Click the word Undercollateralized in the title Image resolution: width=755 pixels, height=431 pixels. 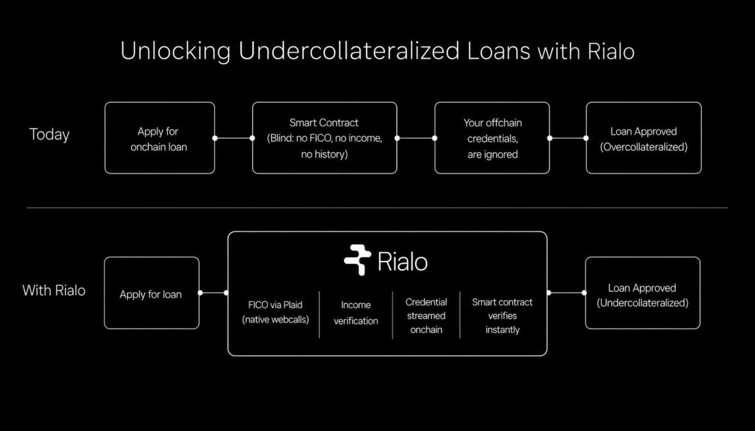(349, 51)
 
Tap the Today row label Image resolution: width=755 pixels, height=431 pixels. (50, 134)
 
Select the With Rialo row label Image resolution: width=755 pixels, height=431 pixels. (54, 290)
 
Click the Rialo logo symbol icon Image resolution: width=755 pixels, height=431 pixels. (357, 259)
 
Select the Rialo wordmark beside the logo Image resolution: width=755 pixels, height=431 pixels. (403, 261)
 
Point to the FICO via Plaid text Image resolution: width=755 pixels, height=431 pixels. (276, 312)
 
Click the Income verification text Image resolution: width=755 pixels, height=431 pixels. (356, 312)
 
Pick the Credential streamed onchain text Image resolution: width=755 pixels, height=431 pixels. (427, 315)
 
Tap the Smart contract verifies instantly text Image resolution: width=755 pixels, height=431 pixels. (502, 315)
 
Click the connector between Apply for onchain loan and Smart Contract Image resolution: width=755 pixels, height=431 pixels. (233, 138)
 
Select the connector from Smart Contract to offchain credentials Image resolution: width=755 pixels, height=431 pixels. (416, 138)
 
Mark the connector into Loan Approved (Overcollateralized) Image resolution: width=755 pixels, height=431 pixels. (568, 138)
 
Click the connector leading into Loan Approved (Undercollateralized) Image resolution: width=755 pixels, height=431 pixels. (566, 293)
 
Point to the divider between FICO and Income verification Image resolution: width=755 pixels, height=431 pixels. (319, 315)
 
